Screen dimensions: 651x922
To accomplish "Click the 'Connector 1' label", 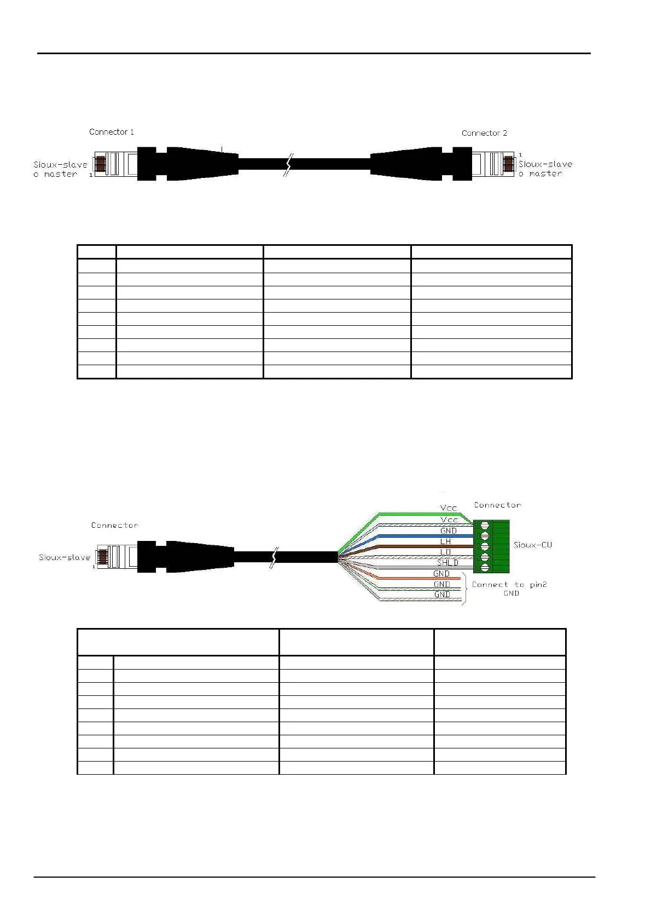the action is pyautogui.click(x=112, y=132).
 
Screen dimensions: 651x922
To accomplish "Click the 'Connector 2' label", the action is pyautogui.click(x=484, y=133).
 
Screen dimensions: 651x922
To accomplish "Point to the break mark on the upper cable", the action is pyautogui.click(x=287, y=164).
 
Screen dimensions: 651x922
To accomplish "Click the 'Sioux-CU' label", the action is pyautogui.click(x=532, y=545).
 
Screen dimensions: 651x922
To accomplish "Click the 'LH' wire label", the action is pyautogui.click(x=446, y=541).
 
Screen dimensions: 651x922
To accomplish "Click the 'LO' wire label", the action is pyautogui.click(x=446, y=552).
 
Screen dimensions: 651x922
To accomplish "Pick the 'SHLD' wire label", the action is pyautogui.click(x=447, y=563).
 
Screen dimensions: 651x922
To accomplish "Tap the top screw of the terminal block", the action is pyautogui.click(x=484, y=526).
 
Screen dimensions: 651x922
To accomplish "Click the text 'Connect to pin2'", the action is pyautogui.click(x=509, y=585).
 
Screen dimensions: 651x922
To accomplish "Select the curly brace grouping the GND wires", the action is pyautogui.click(x=465, y=589).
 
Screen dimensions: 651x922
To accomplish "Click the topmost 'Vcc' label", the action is pyautogui.click(x=449, y=508).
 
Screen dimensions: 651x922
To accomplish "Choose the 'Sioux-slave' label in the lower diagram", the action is pyautogui.click(x=65, y=557).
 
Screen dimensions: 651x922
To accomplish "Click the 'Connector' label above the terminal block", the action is pyautogui.click(x=497, y=505).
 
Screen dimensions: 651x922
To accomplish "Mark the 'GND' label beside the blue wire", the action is pyautogui.click(x=449, y=531).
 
